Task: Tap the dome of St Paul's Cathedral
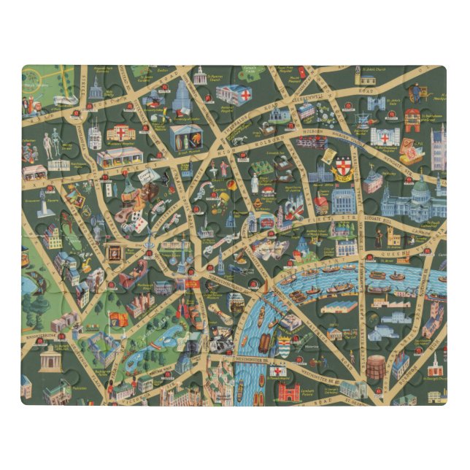click(x=421, y=191)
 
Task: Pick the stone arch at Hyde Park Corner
click(x=51, y=358)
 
